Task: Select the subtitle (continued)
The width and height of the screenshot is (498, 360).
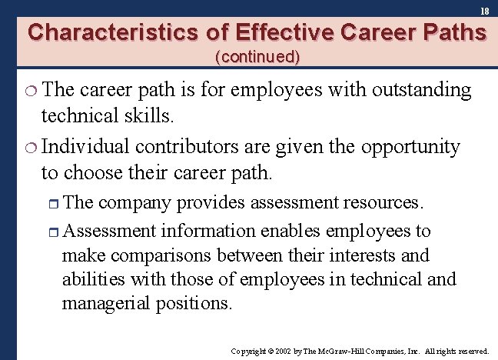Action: click(258, 56)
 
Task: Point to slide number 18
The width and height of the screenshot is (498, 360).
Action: click(484, 11)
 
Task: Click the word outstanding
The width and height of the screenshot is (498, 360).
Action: click(422, 91)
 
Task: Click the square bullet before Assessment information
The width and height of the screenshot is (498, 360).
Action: click(51, 232)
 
